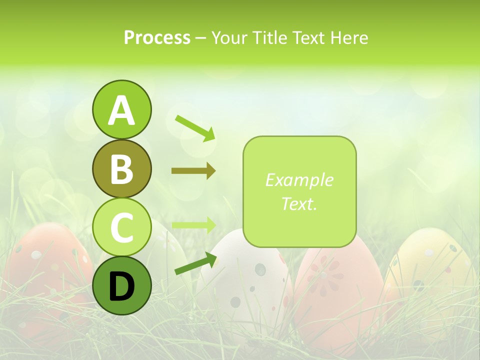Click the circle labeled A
click(x=121, y=109)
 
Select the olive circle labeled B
click(x=121, y=168)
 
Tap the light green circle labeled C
click(x=121, y=227)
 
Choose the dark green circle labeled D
click(x=121, y=285)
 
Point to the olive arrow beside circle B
click(x=193, y=171)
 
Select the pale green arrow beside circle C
click(x=193, y=224)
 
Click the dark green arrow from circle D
click(x=195, y=263)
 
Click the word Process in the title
click(x=157, y=37)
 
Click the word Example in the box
click(x=299, y=180)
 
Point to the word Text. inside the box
click(x=299, y=203)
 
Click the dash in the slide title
click(x=201, y=38)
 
